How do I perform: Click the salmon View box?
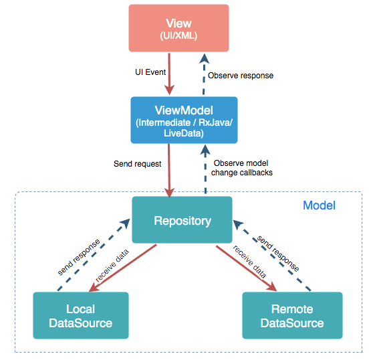click(x=178, y=28)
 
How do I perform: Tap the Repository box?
click(x=182, y=220)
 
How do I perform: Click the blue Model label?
click(x=320, y=205)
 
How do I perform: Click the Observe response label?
click(x=241, y=76)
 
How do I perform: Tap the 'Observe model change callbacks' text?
click(x=242, y=167)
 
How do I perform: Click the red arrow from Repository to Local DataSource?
click(x=124, y=268)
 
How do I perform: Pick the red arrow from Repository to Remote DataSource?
click(x=246, y=268)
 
